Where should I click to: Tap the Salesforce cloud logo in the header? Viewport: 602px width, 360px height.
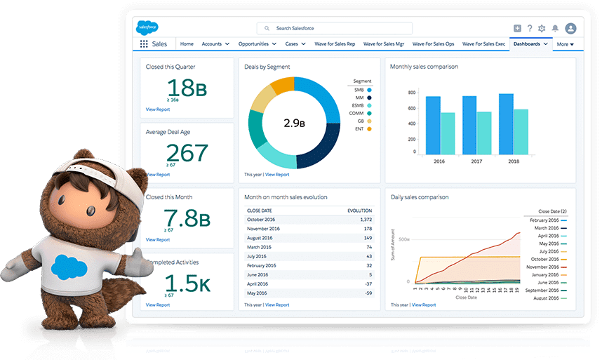(x=147, y=27)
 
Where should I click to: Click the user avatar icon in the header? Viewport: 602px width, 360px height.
(x=570, y=28)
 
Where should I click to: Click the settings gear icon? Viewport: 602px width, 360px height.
(x=541, y=28)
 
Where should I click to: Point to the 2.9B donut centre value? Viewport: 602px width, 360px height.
(x=294, y=123)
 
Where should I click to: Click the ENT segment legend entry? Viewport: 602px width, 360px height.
(x=361, y=129)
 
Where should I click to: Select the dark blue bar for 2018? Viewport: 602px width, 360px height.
(x=506, y=124)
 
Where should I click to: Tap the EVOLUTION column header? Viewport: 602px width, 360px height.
(x=360, y=210)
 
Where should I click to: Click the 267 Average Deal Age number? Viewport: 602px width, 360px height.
(x=187, y=152)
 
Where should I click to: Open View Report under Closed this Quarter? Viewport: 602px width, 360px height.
(x=158, y=109)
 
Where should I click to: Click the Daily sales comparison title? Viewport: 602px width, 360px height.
(x=420, y=197)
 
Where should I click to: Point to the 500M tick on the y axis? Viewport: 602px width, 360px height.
(x=403, y=239)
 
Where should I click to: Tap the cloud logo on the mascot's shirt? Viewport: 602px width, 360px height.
(x=69, y=266)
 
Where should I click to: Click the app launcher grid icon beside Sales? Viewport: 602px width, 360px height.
(x=144, y=44)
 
